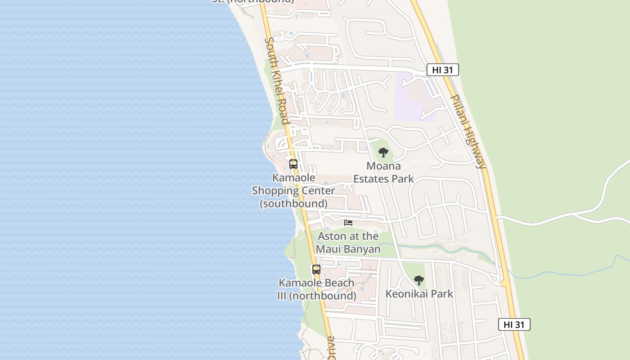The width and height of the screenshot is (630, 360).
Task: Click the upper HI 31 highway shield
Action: point(442,70)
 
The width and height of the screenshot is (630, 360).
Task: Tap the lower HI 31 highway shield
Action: point(514,324)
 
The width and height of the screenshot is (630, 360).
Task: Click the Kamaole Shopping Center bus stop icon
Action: point(293,164)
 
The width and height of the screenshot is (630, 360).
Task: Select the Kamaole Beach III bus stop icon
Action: point(316,270)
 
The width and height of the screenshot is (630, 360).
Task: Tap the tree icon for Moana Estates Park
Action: point(383,153)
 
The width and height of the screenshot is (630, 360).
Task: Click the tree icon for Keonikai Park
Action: point(419,280)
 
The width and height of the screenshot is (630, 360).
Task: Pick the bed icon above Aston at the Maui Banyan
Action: point(348,222)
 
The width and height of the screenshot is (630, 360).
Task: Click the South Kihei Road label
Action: point(276,81)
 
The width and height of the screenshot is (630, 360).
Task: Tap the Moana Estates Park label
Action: point(383,172)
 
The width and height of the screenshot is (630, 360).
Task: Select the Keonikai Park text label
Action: point(419,294)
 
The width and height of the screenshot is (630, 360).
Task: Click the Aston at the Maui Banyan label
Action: point(348,243)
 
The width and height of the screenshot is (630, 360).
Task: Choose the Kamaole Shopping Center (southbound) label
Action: point(293,190)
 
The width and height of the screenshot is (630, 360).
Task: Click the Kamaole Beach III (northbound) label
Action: point(317,289)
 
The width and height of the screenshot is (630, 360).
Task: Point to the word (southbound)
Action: point(293,203)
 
